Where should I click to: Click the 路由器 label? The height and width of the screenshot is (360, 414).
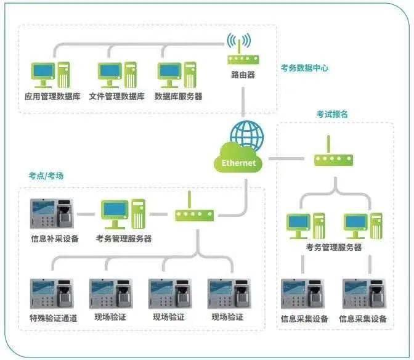tap(243, 75)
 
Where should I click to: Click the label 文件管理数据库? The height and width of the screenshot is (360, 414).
tap(116, 96)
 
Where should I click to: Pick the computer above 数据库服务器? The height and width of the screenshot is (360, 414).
tap(178, 74)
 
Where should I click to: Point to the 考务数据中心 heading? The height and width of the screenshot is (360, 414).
tap(304, 68)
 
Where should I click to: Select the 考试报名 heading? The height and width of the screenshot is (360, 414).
tap(333, 114)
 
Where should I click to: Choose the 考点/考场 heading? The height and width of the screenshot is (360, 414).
tap(46, 176)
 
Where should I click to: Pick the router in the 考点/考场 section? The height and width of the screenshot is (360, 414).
tap(194, 213)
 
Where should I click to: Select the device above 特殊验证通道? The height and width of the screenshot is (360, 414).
tap(51, 293)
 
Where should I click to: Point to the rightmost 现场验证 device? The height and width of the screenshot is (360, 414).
tap(229, 293)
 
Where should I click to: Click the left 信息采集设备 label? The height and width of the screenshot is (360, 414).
tap(304, 319)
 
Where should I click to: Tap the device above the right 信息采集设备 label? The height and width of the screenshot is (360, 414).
tap(365, 295)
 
